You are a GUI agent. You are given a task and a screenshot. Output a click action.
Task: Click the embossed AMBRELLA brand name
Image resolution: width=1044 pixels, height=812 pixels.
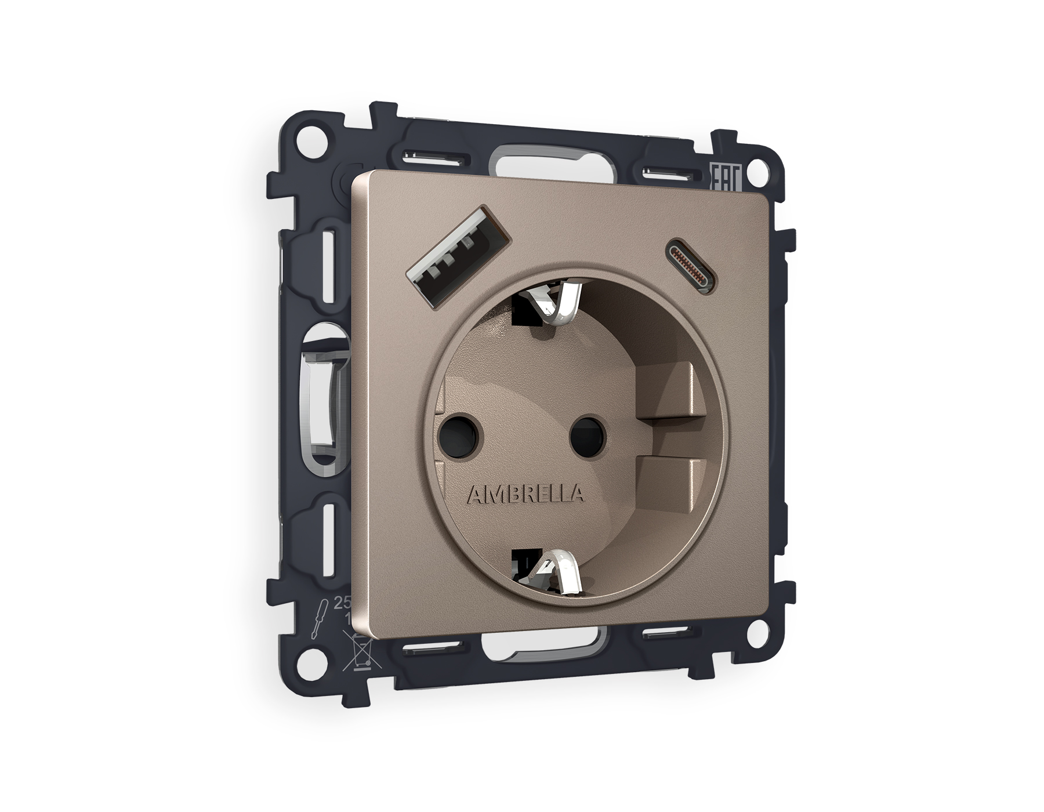[x=525, y=494]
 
